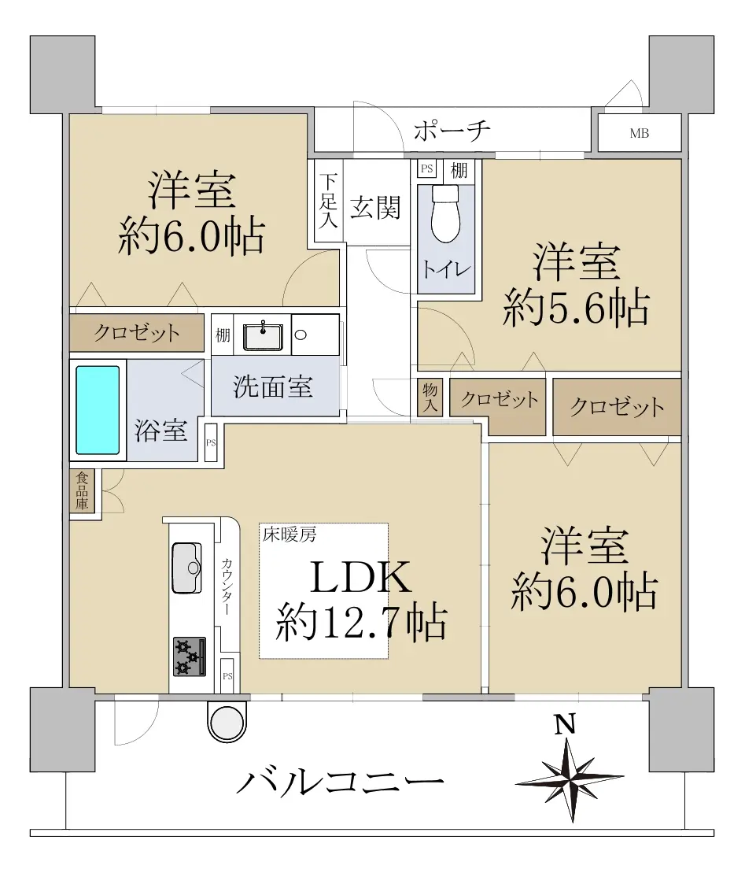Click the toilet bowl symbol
(x=446, y=214)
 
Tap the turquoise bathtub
(x=98, y=410)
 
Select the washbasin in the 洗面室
(x=263, y=335)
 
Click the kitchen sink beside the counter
(x=186, y=568)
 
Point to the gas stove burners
(x=189, y=657)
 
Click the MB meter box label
(x=640, y=134)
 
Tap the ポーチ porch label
(x=452, y=131)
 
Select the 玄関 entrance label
(x=375, y=209)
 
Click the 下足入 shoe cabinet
(x=328, y=201)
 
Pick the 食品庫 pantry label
(x=83, y=491)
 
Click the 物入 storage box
(x=430, y=397)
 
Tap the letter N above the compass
(x=565, y=725)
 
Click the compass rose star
(x=570, y=779)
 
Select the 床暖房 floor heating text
(x=290, y=535)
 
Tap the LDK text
(x=360, y=577)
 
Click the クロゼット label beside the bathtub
(x=136, y=333)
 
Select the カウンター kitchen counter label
(x=227, y=586)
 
